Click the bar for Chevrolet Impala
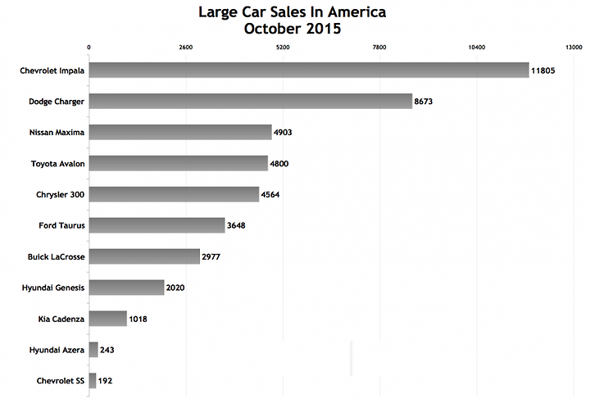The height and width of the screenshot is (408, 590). pyautogui.click(x=309, y=70)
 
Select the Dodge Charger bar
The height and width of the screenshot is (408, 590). pyautogui.click(x=250, y=102)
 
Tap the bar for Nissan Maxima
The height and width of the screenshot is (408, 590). pyautogui.click(x=179, y=132)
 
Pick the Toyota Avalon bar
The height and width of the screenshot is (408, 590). pyautogui.click(x=178, y=163)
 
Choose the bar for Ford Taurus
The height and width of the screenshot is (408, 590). pyautogui.click(x=157, y=225)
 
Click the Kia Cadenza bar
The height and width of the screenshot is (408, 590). pyautogui.click(x=107, y=319)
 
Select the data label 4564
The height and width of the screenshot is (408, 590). pyautogui.click(x=273, y=195)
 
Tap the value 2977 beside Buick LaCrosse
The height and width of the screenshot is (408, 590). pyautogui.click(x=211, y=256)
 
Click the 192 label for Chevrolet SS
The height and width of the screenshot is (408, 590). pyautogui.click(x=106, y=381)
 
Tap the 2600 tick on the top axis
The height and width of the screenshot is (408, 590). pyautogui.click(x=185, y=48)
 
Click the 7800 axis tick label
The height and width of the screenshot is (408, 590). pyautogui.click(x=379, y=48)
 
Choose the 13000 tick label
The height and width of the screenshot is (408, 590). pyautogui.click(x=574, y=48)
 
